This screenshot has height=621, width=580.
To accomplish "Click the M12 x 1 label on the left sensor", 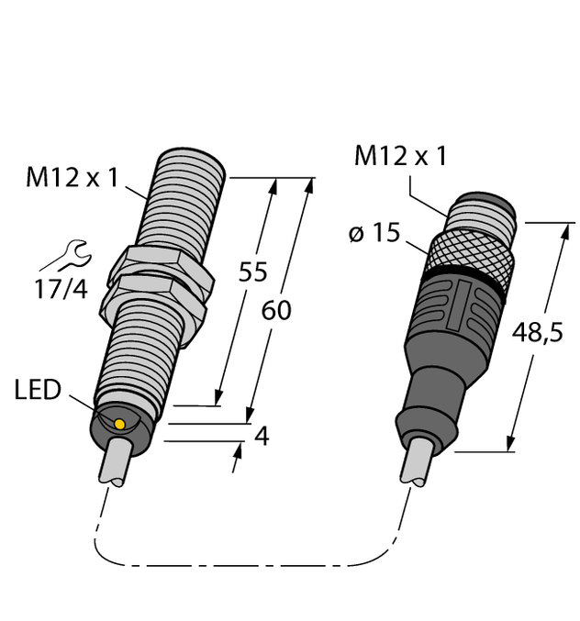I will (x=72, y=178).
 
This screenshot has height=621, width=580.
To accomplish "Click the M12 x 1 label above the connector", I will (x=400, y=157).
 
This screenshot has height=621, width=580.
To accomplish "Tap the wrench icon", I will (x=70, y=252).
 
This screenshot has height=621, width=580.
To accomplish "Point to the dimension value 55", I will (x=253, y=272).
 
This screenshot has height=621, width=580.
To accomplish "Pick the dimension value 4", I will (x=261, y=437).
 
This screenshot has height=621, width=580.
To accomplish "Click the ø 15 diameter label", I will (x=375, y=234).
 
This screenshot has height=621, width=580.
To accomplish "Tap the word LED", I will (x=38, y=391).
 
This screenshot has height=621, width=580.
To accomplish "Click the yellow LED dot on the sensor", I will (x=119, y=422).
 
